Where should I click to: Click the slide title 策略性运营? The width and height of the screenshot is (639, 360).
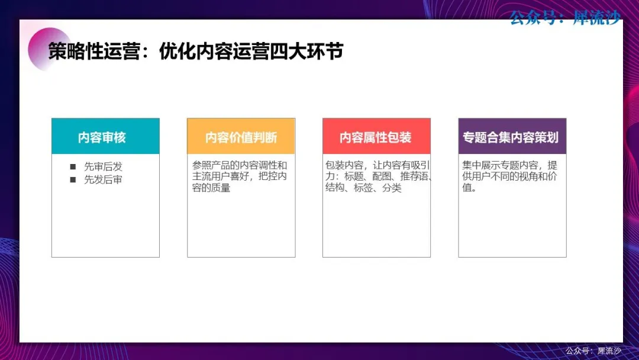coord(94,52)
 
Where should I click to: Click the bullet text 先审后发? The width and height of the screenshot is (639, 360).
coord(103,167)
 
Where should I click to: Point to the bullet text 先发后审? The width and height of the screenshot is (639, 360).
coord(103,180)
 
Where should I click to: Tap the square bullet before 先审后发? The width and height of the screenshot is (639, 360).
coord(73,167)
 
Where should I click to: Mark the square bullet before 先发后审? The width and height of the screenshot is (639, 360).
coord(73,180)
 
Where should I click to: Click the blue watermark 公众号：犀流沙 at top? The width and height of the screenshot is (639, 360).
coord(565,18)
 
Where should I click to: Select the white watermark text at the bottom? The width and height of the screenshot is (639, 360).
coord(593,351)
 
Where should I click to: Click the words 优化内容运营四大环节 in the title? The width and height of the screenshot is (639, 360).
coord(251,52)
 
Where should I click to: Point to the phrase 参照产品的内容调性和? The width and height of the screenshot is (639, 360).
coord(240,165)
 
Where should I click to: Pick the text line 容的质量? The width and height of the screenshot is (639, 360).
coord(211,188)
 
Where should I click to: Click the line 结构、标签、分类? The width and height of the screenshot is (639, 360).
coord(363,188)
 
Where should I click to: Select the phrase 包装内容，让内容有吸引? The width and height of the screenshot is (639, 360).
coord(377,165)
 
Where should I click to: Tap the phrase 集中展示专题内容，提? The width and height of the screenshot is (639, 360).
coord(510,165)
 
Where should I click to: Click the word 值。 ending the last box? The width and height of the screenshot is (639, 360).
coord(469,188)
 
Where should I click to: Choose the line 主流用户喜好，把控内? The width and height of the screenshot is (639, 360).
coord(240,176)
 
